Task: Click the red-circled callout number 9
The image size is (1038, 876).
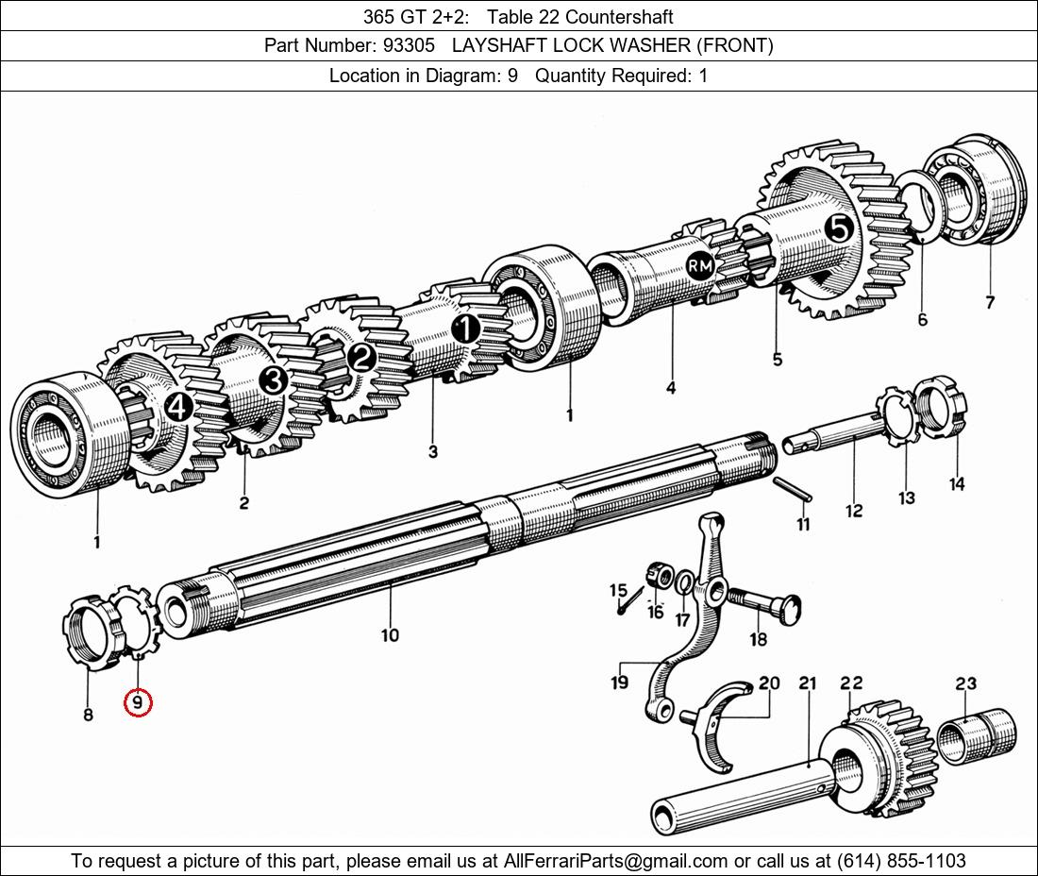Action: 138,702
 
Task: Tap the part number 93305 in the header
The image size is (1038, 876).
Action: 409,45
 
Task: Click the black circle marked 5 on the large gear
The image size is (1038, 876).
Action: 839,227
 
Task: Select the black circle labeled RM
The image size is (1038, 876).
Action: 699,267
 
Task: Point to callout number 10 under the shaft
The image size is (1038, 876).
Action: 390,635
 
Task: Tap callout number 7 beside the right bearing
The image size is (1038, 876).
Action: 989,302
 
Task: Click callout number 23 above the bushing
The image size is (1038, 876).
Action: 965,683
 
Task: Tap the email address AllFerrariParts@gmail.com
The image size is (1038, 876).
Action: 616,861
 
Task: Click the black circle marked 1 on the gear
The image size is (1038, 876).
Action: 465,329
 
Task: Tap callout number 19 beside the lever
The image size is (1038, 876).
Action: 619,681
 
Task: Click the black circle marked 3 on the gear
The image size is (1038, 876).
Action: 273,380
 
